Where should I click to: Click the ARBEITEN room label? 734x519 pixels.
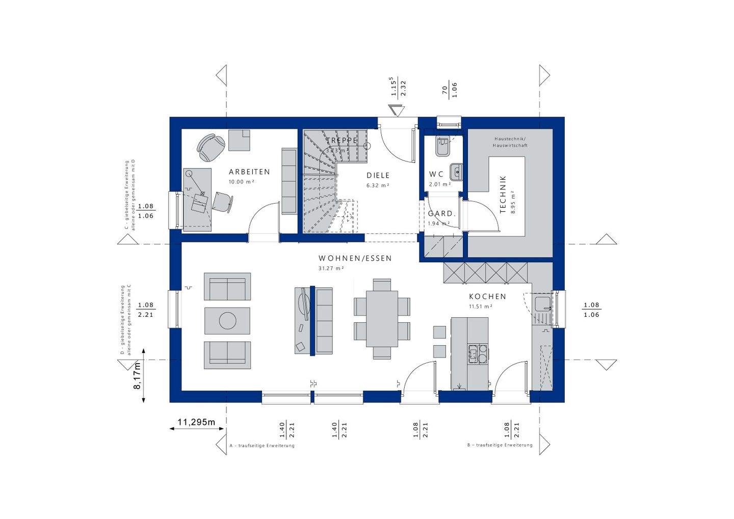[249, 172]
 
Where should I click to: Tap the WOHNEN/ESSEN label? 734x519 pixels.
[355, 258]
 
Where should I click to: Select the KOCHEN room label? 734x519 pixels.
[487, 296]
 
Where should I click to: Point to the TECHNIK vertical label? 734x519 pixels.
[503, 194]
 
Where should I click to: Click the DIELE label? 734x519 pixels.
[378, 175]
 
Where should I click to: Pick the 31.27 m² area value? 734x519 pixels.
[331, 268]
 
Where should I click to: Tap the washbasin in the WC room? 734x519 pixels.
[456, 172]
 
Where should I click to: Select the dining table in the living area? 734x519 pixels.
[382, 319]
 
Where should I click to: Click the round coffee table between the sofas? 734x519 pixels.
[227, 320]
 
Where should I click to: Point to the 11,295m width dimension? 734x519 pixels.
[196, 422]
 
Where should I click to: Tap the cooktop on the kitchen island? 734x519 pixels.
[477, 353]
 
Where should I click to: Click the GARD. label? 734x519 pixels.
[440, 213]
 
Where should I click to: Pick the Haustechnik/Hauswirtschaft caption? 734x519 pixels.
[510, 142]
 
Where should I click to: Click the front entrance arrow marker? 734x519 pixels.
[396, 111]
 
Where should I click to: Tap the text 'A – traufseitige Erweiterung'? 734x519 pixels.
[262, 446]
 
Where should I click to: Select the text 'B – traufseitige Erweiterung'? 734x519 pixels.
[500, 445]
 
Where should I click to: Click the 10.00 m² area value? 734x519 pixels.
[241, 181]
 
